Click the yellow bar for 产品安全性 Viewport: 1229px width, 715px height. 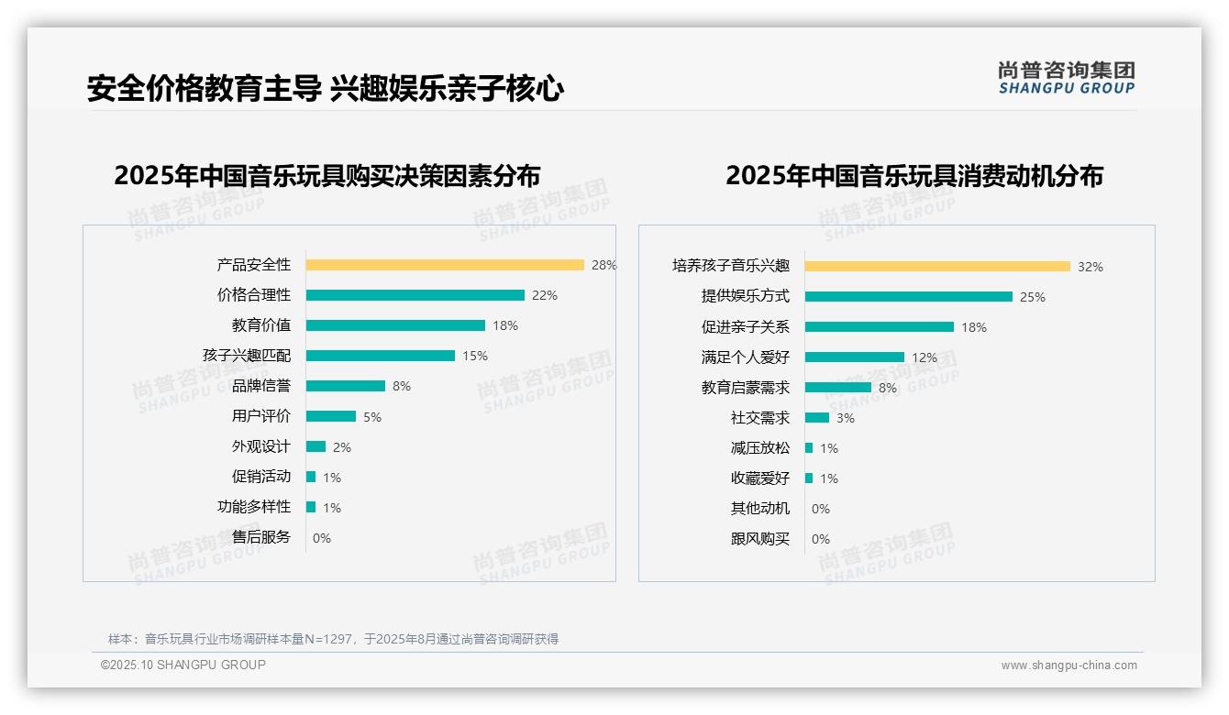coord(445,265)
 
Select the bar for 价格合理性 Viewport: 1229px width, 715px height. coord(415,295)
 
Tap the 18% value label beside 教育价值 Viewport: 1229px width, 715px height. coord(505,325)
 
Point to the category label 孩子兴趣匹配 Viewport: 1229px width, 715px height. coord(247,356)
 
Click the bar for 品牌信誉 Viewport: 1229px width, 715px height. coord(346,386)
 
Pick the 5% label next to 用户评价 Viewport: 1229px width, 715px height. coord(372,417)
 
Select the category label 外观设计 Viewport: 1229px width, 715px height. coord(260,446)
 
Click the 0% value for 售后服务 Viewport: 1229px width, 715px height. coord(322,538)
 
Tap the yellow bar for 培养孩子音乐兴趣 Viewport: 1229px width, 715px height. coord(937,267)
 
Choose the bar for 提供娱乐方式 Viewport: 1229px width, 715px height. coord(909,297)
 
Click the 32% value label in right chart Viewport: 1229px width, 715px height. coord(1091,267)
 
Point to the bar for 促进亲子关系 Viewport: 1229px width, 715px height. coord(880,327)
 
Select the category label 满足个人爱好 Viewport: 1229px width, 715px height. coord(745,357)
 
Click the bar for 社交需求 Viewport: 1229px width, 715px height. coord(817,418)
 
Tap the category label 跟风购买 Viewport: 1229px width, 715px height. coord(759,539)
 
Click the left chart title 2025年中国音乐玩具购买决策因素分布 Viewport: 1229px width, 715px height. coord(327,175)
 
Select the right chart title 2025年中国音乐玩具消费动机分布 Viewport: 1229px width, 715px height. coord(914,175)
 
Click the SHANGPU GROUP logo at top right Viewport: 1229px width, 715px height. coord(1067,78)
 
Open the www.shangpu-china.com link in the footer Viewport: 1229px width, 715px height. coord(1068,665)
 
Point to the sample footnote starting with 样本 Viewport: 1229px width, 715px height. coord(333,639)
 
